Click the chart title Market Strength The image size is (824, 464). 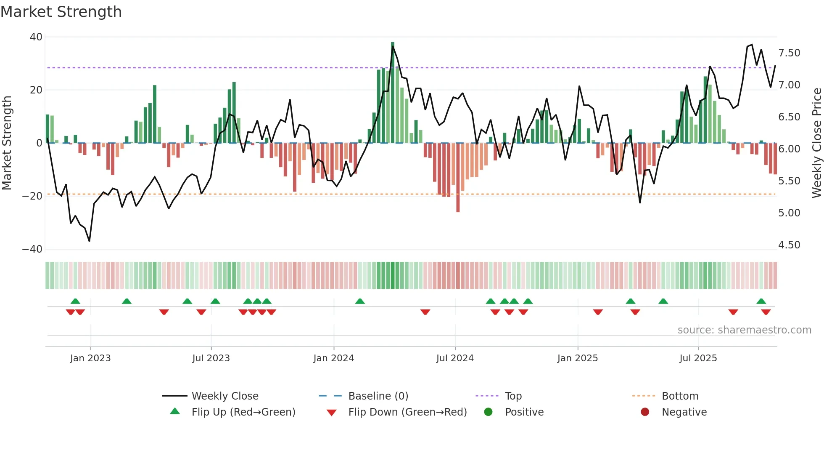61,12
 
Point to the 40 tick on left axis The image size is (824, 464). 36,37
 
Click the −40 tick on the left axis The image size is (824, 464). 32,249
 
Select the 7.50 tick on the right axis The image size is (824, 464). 789,53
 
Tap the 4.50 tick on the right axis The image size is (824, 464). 789,245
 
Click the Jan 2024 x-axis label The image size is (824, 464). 333,358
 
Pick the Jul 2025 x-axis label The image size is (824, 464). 698,358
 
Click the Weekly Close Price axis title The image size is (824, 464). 816,143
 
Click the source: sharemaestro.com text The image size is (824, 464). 744,330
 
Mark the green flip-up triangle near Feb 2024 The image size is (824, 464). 360,301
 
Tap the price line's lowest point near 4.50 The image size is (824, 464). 89,241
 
